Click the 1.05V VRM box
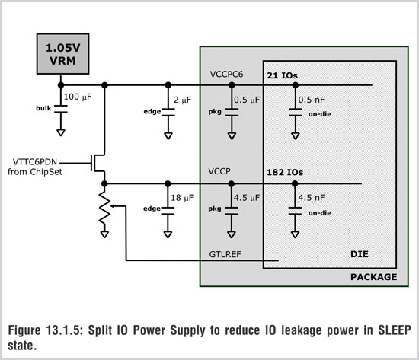[x=62, y=54]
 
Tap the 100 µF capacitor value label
[x=78, y=97]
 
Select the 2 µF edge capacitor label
[x=183, y=100]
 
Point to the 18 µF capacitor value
[x=182, y=198]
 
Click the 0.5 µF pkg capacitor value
[x=247, y=100]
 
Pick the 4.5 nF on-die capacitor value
[x=312, y=198]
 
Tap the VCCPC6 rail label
[x=226, y=75]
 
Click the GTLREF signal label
[x=225, y=254]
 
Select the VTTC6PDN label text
[x=35, y=162]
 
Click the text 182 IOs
[x=285, y=172]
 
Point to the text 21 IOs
[x=282, y=75]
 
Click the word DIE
[x=359, y=254]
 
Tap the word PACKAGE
[x=373, y=277]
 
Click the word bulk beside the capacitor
[x=43, y=108]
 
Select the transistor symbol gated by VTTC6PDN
[x=98, y=163]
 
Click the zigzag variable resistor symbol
[x=105, y=208]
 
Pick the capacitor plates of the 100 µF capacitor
[x=61, y=109]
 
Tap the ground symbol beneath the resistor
[x=105, y=234]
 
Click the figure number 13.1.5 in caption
[x=62, y=330]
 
